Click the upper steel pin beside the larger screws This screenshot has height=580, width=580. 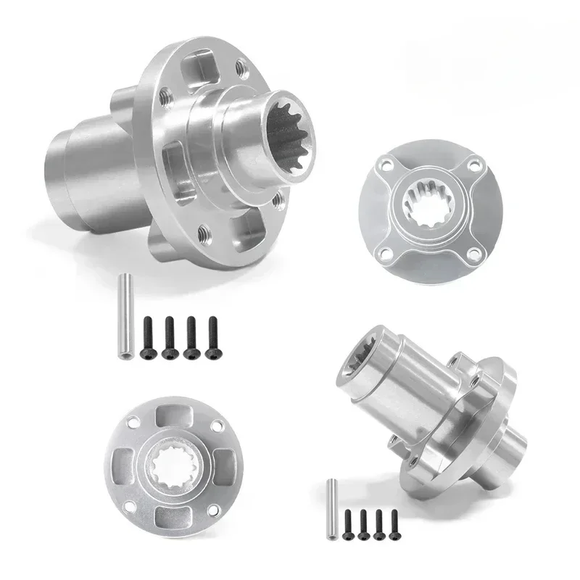pos(124,316)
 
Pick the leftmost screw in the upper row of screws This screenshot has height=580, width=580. pos(148,337)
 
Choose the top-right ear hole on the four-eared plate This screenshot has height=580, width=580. pos(473,166)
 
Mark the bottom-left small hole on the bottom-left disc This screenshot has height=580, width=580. pos(130,505)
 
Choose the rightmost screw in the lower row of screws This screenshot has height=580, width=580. pos(394,521)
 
